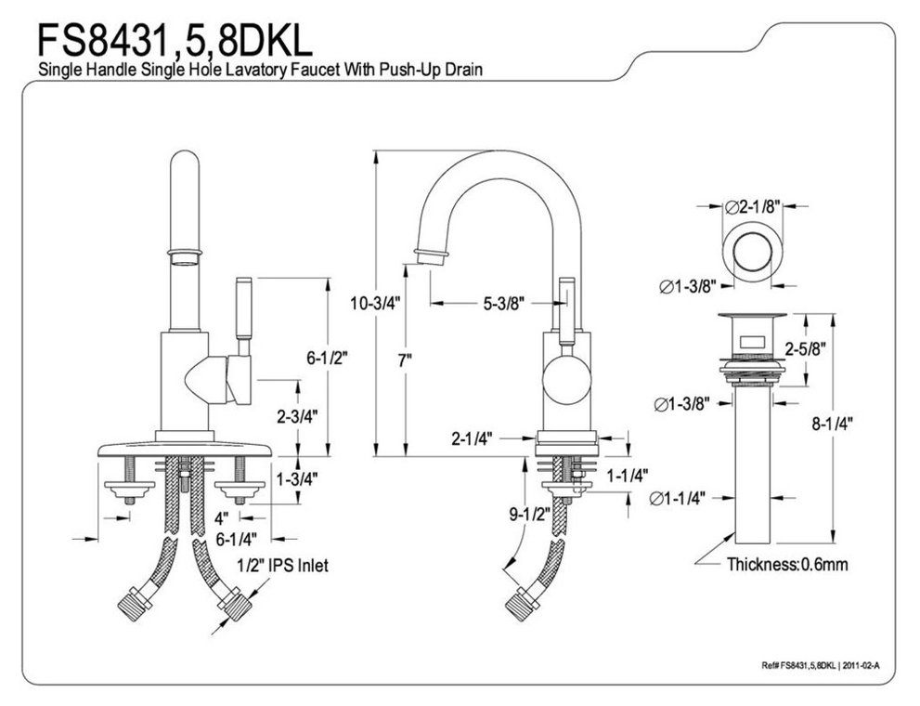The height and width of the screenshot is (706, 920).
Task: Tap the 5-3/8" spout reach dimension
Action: pyautogui.click(x=503, y=302)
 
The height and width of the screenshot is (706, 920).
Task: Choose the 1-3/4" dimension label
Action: pyautogui.click(x=297, y=479)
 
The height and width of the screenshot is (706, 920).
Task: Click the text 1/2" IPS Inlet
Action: pyautogui.click(x=280, y=564)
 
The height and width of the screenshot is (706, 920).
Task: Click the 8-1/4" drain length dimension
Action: pyautogui.click(x=830, y=424)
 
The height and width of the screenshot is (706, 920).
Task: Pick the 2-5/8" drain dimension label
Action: pyautogui.click(x=804, y=349)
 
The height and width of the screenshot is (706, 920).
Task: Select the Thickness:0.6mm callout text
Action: pyautogui.click(x=786, y=564)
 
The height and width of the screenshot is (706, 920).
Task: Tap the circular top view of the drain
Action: pyautogui.click(x=750, y=253)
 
